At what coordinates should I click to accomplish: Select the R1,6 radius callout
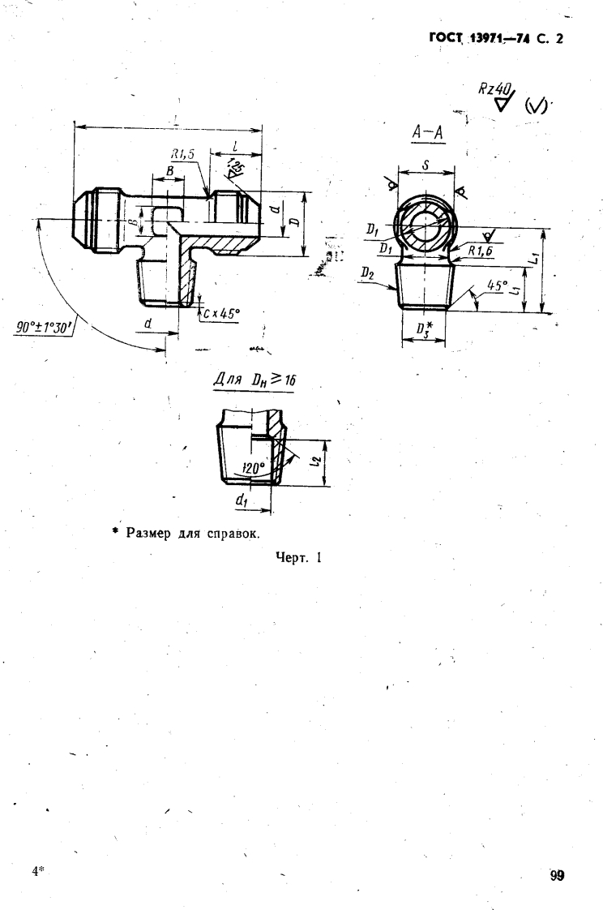point(481,251)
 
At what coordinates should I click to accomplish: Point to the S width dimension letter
point(426,164)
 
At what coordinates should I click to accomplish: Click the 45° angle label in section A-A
point(497,285)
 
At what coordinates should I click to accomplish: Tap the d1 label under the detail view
point(241,501)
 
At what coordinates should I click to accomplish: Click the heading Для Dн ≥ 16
point(252,380)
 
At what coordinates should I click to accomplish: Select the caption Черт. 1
point(299,557)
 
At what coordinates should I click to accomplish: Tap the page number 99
point(558,874)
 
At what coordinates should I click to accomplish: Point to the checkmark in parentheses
point(537,105)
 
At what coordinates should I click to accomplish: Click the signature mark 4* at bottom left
point(37,871)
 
